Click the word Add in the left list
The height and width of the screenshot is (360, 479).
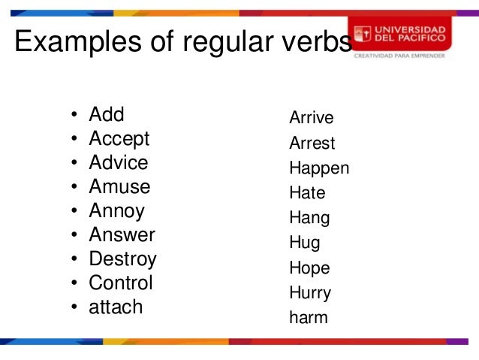click(x=107, y=115)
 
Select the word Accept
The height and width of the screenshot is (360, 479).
click(x=119, y=139)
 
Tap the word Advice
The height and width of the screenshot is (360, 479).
click(x=119, y=163)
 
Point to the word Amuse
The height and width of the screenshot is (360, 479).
click(x=119, y=187)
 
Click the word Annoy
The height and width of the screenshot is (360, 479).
click(x=116, y=211)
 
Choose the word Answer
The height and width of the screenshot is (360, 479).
click(x=122, y=235)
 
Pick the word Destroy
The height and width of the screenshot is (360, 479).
click(x=122, y=259)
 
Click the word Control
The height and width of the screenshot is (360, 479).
click(x=121, y=283)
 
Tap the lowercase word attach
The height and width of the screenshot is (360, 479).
click(x=116, y=307)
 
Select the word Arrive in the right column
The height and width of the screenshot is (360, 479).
click(x=312, y=119)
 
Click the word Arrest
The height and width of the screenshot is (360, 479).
click(x=312, y=144)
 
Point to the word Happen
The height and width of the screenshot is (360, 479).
click(x=319, y=168)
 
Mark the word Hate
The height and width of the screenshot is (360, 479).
click(x=307, y=193)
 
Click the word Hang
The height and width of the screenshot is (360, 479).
click(x=309, y=219)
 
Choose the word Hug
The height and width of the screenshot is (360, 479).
click(x=304, y=244)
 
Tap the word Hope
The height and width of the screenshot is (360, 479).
click(x=309, y=268)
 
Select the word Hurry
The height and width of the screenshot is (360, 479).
click(x=310, y=293)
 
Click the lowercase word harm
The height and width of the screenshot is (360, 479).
click(x=309, y=318)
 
